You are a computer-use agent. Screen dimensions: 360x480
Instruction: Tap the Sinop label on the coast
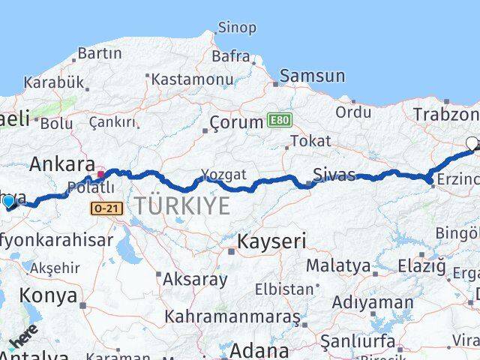click(236, 28)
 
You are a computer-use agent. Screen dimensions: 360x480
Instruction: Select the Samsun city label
click(313, 76)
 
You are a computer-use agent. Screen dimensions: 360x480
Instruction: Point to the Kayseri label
click(271, 241)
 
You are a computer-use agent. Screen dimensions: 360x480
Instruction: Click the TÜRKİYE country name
click(182, 205)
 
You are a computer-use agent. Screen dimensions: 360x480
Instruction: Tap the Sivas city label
click(335, 175)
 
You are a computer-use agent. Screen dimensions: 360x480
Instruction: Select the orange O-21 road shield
click(106, 209)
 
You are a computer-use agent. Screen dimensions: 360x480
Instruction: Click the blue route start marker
click(9, 202)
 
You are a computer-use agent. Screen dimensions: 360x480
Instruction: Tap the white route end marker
click(472, 142)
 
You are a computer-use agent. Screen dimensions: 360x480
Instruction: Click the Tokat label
click(310, 140)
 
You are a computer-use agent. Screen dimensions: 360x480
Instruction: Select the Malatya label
click(338, 265)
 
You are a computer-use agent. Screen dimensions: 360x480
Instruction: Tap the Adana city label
click(259, 350)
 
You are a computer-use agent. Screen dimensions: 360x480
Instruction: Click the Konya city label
click(48, 295)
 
